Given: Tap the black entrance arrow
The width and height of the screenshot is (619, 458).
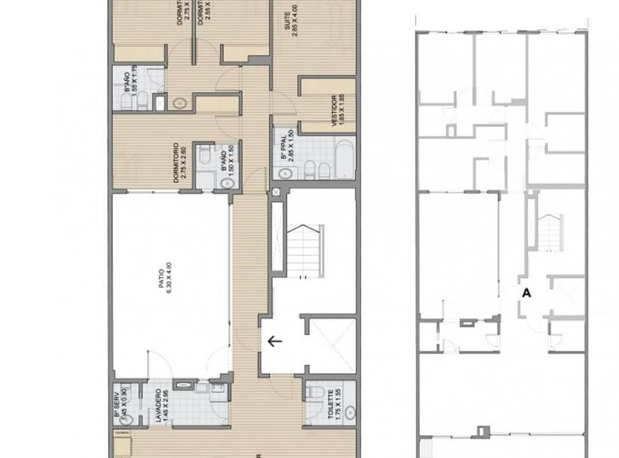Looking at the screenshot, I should pos(274,342).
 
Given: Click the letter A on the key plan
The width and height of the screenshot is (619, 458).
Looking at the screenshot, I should pos(526,293).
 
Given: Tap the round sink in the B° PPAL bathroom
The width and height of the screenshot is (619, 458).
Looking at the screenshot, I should pos(285,173).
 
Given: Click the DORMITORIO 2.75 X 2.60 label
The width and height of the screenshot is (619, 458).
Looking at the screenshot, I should pos(179,162).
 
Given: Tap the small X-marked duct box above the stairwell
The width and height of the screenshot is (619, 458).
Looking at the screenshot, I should pos(277,193).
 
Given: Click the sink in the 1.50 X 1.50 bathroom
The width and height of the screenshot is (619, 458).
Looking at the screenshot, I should pos(224,183).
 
